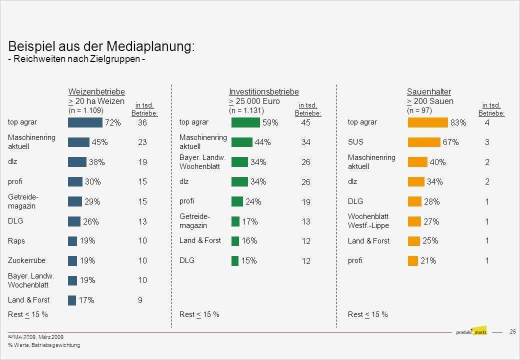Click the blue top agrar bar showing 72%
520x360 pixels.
(x=85, y=122)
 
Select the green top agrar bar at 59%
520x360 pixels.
(x=245, y=122)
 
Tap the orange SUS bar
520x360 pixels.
(x=424, y=142)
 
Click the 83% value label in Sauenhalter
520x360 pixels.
(x=458, y=122)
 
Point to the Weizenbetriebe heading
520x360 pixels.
(x=96, y=92)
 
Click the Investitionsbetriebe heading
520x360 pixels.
(x=263, y=92)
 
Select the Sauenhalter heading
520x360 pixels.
(x=428, y=92)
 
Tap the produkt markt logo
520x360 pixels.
(x=471, y=331)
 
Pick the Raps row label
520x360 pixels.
(x=16, y=241)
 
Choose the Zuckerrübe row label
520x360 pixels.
(x=26, y=260)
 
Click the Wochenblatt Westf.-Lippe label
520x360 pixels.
(x=368, y=221)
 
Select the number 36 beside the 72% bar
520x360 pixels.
(x=142, y=122)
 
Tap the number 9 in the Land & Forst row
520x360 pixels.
(x=140, y=300)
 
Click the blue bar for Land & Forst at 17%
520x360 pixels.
(x=72, y=300)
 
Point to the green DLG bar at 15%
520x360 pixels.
(x=235, y=260)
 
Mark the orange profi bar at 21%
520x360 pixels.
(x=413, y=260)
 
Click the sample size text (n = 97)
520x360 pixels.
(x=419, y=110)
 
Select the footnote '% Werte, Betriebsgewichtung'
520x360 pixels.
(x=44, y=345)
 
